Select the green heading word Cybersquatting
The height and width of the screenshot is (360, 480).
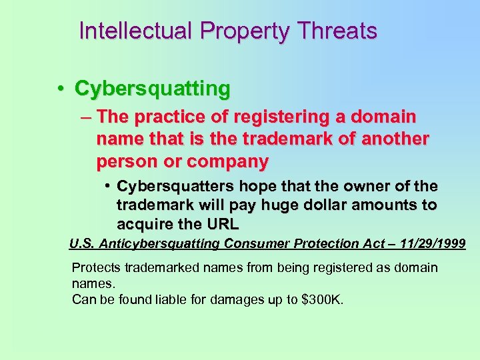click(153, 88)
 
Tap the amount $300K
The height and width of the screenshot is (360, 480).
click(323, 299)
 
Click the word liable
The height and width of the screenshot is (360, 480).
click(161, 299)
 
